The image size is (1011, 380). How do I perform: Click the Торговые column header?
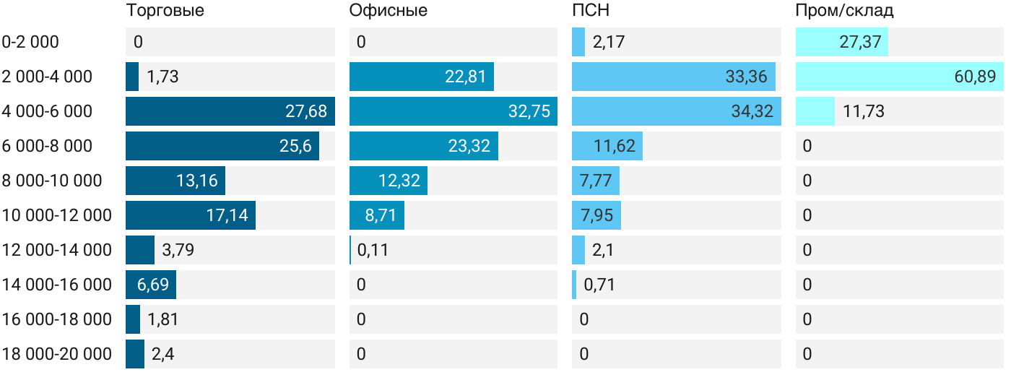coord(165,11)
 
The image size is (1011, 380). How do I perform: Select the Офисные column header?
coord(388,11)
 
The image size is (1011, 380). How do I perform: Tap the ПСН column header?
coord(586,11)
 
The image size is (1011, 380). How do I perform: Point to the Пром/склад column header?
coord(844,11)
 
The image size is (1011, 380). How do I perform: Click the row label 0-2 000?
coord(30,42)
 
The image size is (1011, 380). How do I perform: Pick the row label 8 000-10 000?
coord(52,181)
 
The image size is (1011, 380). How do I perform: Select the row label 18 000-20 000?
coord(57,354)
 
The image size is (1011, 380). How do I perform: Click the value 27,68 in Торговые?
coord(306,111)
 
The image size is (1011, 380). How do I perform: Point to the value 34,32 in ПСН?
coord(752,111)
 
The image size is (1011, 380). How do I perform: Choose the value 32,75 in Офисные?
coord(529,111)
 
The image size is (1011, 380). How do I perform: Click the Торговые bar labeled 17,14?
coord(191,215)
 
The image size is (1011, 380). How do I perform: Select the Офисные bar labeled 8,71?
coord(377,215)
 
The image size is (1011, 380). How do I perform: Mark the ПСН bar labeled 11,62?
coord(607,146)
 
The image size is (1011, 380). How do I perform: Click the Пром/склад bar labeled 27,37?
coord(842,42)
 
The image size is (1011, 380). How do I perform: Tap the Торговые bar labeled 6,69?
coord(151,285)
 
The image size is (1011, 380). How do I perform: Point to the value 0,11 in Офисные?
coord(373,250)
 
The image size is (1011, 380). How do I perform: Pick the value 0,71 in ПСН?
coord(599,285)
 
